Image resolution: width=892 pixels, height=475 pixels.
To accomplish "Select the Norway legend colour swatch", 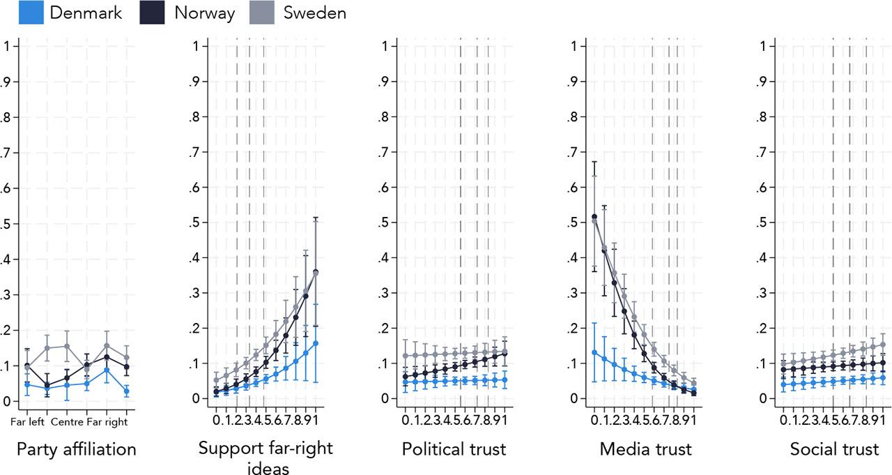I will pos(151,13).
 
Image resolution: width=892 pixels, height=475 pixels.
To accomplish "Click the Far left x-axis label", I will pos(26,421).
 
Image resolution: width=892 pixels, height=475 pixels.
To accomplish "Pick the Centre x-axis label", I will pos(67,421).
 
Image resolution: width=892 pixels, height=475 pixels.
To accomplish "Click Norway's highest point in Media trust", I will pos(594,217).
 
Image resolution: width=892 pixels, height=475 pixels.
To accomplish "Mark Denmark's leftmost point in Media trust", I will pos(594,352).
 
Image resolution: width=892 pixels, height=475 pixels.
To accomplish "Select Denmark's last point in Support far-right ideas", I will pos(316,343).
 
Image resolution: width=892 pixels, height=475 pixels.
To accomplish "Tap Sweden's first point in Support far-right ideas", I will pos(216,380).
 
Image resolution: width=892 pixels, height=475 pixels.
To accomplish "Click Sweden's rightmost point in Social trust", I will pos(882,345).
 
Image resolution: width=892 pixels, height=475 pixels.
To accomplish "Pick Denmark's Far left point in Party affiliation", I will pos(26,384).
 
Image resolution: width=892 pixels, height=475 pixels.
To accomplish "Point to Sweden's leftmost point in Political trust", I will pos(405,356).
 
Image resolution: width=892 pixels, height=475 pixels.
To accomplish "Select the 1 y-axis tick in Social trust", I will pos(764,47).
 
